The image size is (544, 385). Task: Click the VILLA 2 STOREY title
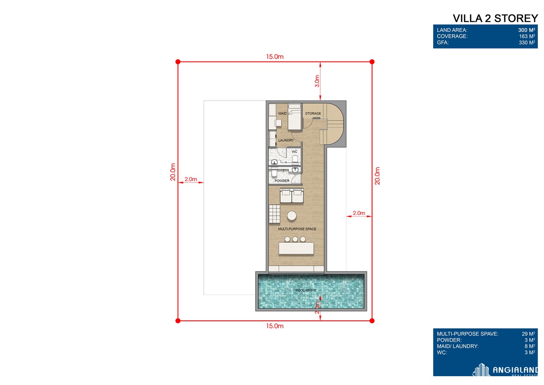[495, 18]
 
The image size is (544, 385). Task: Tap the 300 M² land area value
[526, 30]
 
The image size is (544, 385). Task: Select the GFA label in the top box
[443, 43]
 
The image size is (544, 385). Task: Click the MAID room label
[282, 114]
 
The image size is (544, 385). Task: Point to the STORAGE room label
[313, 114]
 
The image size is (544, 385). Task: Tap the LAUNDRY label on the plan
[286, 140]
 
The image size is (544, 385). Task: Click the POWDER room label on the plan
[282, 181]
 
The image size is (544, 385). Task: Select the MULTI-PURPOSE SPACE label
[297, 229]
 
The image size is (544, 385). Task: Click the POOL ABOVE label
[306, 290]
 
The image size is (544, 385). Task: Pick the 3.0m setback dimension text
[317, 81]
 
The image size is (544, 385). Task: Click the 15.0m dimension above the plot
[275, 57]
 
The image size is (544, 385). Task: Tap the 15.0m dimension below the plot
[275, 326]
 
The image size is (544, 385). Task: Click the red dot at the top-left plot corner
[178, 62]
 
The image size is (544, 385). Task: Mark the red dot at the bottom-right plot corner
[372, 321]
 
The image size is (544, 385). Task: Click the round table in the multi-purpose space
[292, 216]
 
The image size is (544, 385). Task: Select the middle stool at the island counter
[295, 239]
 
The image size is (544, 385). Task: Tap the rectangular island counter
[296, 248]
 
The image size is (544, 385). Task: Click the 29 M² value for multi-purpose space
[528, 334]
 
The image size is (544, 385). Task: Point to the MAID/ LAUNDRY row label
[457, 346]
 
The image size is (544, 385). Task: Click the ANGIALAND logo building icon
[481, 370]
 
